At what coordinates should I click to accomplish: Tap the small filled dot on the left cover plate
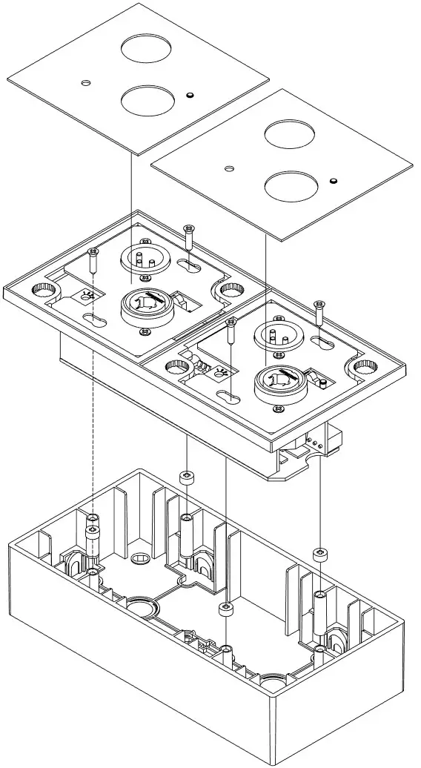point(190,96)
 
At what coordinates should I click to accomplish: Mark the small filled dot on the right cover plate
point(334,180)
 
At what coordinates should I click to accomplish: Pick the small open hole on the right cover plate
point(229,169)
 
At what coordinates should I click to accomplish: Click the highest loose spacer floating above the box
point(187,476)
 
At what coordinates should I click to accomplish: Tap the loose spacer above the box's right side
point(320,554)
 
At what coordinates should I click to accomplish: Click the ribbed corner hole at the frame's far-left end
point(39,288)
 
